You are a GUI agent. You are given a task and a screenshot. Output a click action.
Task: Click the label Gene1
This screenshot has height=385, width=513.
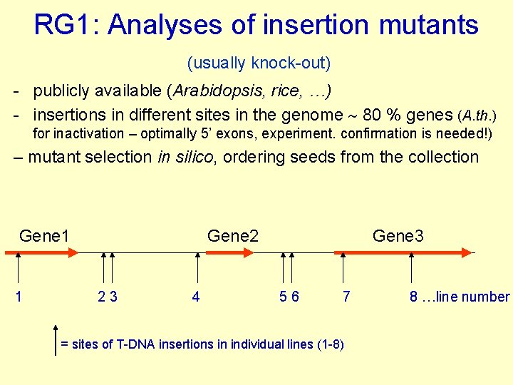click(x=44, y=235)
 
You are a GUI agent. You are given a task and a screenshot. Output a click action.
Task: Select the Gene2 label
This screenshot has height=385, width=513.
click(x=232, y=235)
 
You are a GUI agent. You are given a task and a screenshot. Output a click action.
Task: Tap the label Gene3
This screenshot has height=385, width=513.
click(x=398, y=235)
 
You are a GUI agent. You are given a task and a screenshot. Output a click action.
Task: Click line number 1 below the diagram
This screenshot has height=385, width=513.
click(x=18, y=297)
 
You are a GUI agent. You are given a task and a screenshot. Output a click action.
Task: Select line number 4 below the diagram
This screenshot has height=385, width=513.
click(x=196, y=297)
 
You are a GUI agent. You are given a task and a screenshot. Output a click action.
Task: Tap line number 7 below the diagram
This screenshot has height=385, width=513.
click(x=346, y=297)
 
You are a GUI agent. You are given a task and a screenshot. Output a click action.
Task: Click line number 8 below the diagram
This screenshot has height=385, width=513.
click(x=413, y=297)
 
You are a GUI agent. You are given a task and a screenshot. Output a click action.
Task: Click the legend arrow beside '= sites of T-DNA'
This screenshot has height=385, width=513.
click(x=56, y=339)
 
